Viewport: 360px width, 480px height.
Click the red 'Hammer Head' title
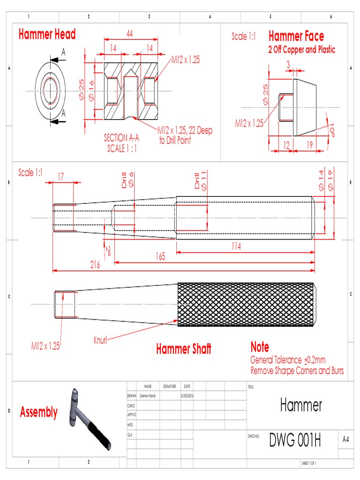point(47,35)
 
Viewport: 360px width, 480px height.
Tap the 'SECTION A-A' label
point(121,138)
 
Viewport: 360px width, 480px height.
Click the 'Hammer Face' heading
point(296,36)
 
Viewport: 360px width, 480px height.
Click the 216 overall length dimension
point(96,265)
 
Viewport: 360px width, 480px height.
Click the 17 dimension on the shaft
point(61,177)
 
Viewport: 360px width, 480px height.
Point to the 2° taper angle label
point(107,248)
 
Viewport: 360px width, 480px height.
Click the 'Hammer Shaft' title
point(183,349)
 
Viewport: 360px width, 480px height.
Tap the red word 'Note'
point(260,347)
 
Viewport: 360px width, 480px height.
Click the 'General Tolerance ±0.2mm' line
point(288,360)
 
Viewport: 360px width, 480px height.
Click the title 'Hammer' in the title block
point(301,405)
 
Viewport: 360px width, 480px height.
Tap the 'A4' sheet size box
point(346,439)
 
